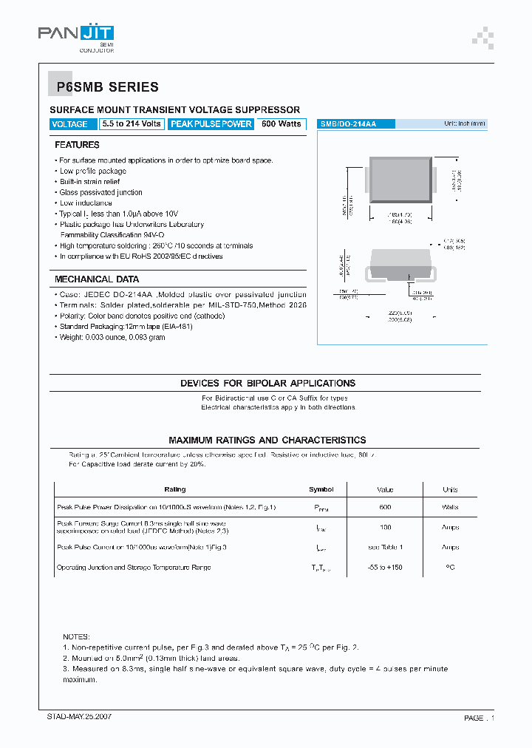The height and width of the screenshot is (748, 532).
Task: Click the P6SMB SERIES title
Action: pos(108,87)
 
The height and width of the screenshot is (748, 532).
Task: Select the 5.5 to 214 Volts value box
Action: pos(132,124)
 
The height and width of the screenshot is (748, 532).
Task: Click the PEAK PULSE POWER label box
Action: pos(211,124)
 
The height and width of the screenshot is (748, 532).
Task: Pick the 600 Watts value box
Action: pos(282,124)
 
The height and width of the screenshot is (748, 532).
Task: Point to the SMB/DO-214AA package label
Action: pos(349,124)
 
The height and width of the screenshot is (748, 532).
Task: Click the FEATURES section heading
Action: pos(78,145)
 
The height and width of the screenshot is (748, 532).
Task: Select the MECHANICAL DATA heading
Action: pos(97,279)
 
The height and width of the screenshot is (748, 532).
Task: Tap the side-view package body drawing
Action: pos(399,264)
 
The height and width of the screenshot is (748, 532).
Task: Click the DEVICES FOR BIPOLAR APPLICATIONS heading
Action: pos(267,384)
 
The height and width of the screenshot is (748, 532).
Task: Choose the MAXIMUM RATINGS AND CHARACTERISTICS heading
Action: pos(267,440)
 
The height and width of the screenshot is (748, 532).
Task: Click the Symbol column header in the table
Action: pos(321,489)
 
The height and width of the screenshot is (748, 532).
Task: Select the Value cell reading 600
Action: pos(385,508)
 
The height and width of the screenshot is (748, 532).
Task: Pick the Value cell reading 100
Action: pos(385,528)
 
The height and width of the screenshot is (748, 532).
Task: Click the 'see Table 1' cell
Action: pos(385,548)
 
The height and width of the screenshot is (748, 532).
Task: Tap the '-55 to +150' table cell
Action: pos(385,568)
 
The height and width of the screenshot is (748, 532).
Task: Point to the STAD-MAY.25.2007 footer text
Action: pos(80,717)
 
